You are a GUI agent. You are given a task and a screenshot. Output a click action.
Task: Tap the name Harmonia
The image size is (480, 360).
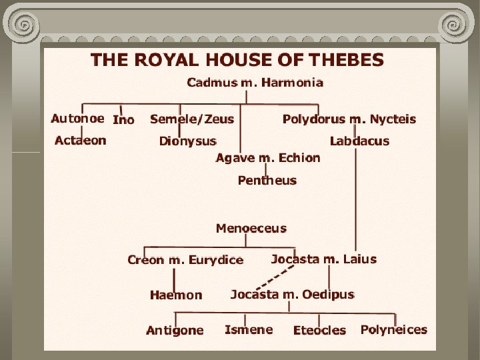pyautogui.click(x=293, y=83)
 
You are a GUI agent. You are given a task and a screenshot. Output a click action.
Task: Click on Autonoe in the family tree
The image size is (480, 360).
pyautogui.click(x=77, y=119)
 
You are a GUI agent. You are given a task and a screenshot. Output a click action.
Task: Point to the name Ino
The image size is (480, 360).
pyautogui.click(x=123, y=120)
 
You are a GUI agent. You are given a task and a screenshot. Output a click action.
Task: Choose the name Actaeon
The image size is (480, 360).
pyautogui.click(x=80, y=141)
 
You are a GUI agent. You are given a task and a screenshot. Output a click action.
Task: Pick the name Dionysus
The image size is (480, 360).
pyautogui.click(x=188, y=141)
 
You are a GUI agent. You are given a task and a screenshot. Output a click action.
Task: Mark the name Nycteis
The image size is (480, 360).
pyautogui.click(x=393, y=119)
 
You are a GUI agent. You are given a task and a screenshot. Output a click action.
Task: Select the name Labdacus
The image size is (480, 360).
pyautogui.click(x=359, y=141)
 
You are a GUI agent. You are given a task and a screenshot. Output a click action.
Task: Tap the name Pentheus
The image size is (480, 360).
pyautogui.click(x=267, y=181)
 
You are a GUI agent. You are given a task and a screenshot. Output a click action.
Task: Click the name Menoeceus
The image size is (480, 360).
pyautogui.click(x=251, y=229)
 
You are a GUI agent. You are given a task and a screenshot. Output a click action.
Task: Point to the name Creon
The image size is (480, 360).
pyautogui.click(x=146, y=260)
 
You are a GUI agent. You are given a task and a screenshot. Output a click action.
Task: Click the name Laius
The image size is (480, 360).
pyautogui.click(x=360, y=259)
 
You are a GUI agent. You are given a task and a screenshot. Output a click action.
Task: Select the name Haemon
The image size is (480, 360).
pyautogui.click(x=176, y=295)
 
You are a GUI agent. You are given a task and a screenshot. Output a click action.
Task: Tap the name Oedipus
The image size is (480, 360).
pyautogui.click(x=328, y=294)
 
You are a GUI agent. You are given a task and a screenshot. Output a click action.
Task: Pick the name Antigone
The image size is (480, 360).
pyautogui.click(x=175, y=331)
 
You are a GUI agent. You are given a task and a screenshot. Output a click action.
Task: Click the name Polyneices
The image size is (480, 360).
pyautogui.click(x=394, y=329)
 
